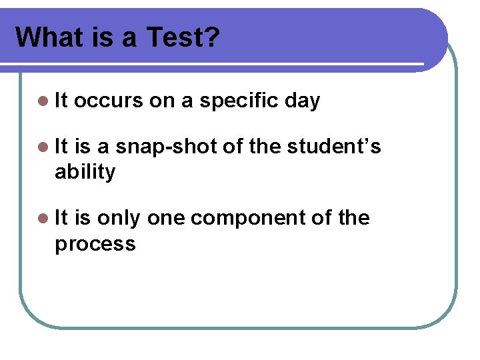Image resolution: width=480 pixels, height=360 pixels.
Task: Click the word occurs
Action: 109,101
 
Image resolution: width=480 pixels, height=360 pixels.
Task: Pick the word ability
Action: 85,172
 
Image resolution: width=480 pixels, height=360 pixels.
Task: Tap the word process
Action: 95,244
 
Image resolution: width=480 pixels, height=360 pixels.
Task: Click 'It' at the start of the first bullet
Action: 61,101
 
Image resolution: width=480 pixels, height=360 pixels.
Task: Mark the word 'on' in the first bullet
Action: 161,101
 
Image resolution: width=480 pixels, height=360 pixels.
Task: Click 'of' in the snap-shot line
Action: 233,147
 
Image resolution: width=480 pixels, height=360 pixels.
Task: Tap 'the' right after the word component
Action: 353,219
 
